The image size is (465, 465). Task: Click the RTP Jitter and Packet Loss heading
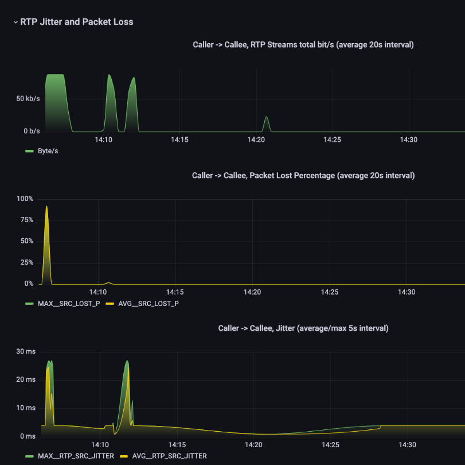click(x=77, y=22)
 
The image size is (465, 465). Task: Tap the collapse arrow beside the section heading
click(x=15, y=22)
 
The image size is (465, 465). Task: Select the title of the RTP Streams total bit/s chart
click(x=303, y=45)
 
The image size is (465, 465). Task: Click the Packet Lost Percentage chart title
click(x=303, y=175)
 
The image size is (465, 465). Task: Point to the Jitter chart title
click(x=303, y=328)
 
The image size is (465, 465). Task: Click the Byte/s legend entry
click(x=48, y=151)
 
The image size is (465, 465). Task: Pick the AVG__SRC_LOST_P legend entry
click(x=149, y=303)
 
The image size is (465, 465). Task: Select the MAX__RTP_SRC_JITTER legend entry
click(x=76, y=456)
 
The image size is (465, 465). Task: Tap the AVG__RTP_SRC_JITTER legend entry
click(x=169, y=456)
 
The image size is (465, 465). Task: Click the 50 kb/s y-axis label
click(x=28, y=99)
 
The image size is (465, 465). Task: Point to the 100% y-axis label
click(x=26, y=199)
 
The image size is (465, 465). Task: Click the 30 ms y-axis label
click(x=27, y=351)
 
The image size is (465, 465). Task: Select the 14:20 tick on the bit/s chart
click(x=256, y=139)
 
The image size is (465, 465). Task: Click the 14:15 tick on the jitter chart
click(x=177, y=445)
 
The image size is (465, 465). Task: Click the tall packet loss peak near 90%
click(x=46, y=208)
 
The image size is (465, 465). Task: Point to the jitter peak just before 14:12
click(x=127, y=362)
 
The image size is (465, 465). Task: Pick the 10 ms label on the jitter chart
click(x=27, y=408)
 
